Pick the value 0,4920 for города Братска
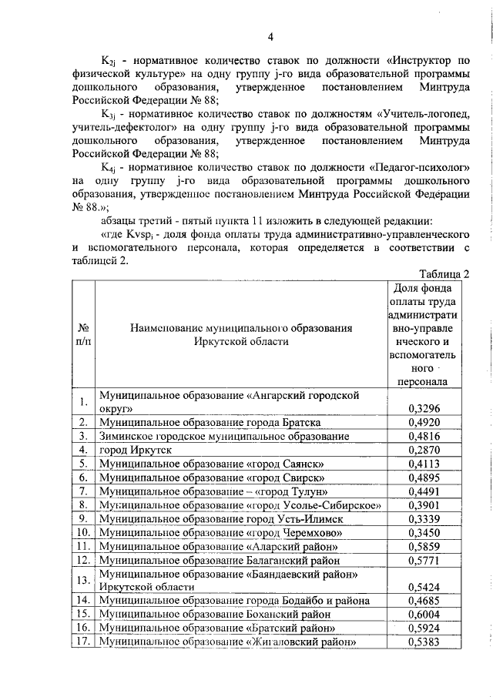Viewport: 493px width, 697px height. click(x=423, y=422)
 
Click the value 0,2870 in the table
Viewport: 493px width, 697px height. click(x=423, y=450)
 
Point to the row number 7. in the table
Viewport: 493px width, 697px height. click(x=82, y=491)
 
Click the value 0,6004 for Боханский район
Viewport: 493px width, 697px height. click(x=423, y=615)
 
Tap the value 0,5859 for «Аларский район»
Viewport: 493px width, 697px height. click(x=423, y=547)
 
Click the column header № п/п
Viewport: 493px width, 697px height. click(x=82, y=334)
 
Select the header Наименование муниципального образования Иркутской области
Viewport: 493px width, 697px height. click(x=241, y=334)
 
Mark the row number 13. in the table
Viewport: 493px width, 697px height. click(x=82, y=580)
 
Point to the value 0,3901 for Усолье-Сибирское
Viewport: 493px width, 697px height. click(x=423, y=505)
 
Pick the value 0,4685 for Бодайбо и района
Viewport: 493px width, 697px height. click(x=423, y=601)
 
